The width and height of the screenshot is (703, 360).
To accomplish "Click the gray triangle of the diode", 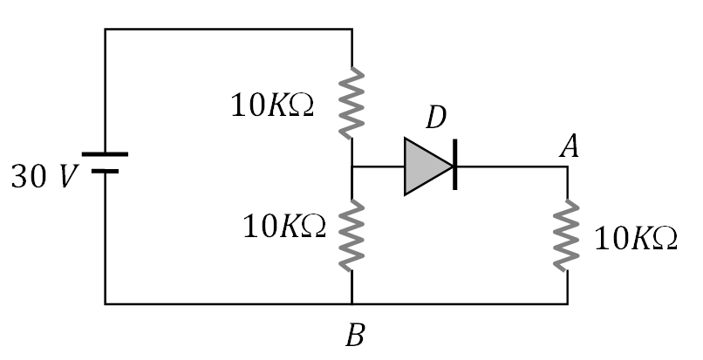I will [x=425, y=166].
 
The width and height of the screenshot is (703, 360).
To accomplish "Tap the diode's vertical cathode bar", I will [x=454, y=166].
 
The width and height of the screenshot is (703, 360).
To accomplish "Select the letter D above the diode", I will [x=436, y=117].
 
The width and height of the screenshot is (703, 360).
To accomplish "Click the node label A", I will [x=569, y=147].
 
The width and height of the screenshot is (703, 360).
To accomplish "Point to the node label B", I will [x=353, y=336].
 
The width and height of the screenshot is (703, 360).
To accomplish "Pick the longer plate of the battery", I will [x=105, y=154].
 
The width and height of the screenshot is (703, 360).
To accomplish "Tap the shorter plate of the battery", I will [x=105, y=171].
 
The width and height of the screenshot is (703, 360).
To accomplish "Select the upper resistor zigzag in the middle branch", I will [x=351, y=103].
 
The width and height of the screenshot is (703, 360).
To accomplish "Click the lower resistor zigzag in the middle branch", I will [x=351, y=234].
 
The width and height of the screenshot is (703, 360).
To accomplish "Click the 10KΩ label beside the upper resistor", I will [x=272, y=105].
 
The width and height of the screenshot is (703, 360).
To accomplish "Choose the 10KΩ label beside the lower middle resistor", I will [x=284, y=228].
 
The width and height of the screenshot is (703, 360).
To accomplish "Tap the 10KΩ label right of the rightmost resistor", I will [x=635, y=238].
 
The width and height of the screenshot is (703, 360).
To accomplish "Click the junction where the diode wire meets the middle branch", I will [x=351, y=166].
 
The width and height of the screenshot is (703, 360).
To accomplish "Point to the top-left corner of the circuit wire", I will [x=106, y=30].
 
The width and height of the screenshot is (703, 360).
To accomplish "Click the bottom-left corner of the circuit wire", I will [x=106, y=304].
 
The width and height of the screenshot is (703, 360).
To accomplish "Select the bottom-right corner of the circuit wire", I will [x=568, y=304].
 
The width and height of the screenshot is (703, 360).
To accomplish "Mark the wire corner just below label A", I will [x=568, y=166].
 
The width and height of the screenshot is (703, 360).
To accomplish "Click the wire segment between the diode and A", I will [x=510, y=166].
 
